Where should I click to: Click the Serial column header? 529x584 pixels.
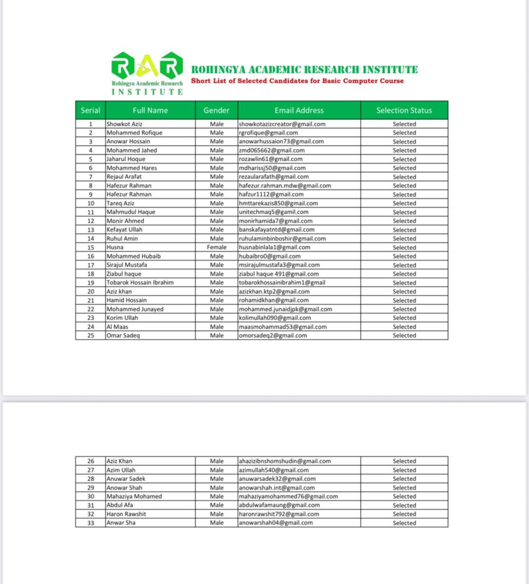91,111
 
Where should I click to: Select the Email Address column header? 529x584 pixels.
299,111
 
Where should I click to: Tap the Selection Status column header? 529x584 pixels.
404,111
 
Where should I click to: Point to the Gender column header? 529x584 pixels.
217,111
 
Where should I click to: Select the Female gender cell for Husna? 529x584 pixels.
217,248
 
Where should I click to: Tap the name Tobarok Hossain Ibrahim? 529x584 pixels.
140,283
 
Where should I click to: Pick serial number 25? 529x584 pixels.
91,335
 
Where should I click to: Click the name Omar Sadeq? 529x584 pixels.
123,335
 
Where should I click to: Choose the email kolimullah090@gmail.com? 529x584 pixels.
275,318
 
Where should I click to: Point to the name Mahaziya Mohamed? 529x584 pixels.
134,496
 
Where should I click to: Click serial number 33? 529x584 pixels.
91,523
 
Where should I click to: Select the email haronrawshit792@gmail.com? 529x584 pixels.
279,514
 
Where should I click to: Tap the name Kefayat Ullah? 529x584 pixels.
124,230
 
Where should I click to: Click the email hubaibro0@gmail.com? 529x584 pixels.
270,257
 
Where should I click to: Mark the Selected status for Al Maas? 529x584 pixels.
404,327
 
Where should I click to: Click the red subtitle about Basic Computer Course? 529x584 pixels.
297,81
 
